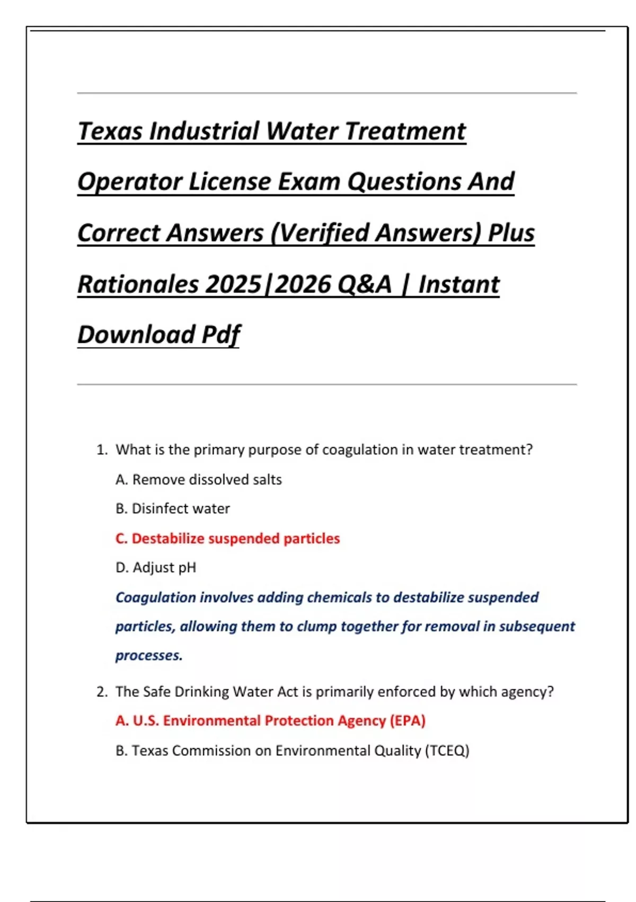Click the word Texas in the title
[x=110, y=131]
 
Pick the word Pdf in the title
[x=221, y=335]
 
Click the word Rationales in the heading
[x=139, y=284]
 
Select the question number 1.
[x=102, y=450]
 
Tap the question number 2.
[x=102, y=692]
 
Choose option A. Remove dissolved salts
[x=199, y=480]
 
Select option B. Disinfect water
[x=173, y=509]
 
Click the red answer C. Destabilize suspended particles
[x=227, y=539]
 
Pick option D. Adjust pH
[x=156, y=568]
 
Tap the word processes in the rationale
[x=149, y=656]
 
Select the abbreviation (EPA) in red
[x=408, y=721]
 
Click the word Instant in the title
[x=459, y=284]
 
